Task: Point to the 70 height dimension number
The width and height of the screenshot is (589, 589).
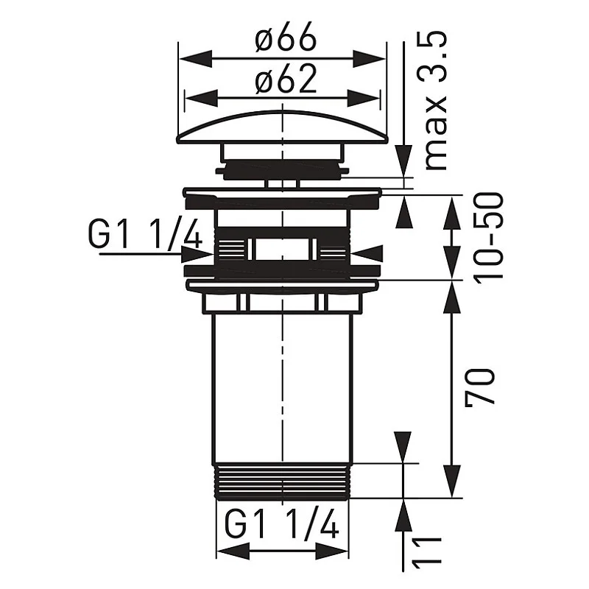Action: (482, 386)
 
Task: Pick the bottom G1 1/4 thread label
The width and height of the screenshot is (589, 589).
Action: (283, 526)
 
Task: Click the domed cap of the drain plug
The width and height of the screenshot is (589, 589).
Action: (282, 125)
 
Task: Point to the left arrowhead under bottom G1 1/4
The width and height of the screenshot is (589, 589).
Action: (230, 553)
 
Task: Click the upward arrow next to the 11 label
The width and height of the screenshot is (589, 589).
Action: (403, 515)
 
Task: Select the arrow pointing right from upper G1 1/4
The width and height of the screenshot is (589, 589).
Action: (197, 254)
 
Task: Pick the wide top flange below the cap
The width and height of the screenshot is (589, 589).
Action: (282, 194)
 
